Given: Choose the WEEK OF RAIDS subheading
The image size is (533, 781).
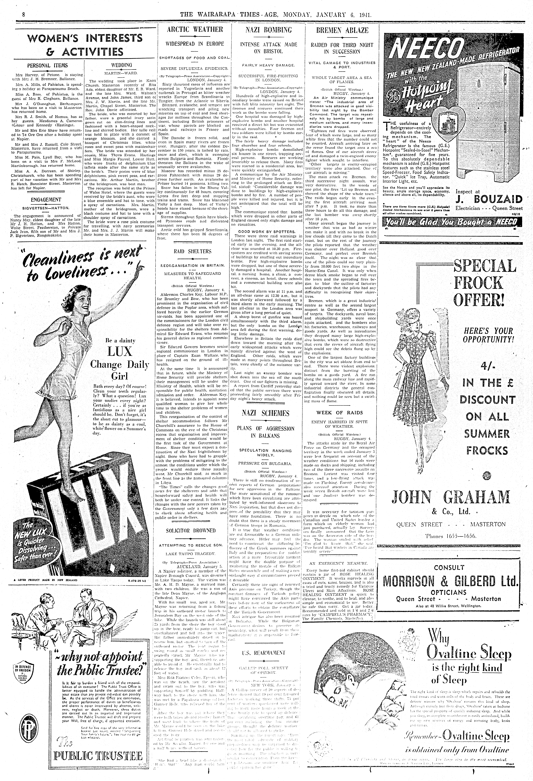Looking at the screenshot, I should tap(339, 413).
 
